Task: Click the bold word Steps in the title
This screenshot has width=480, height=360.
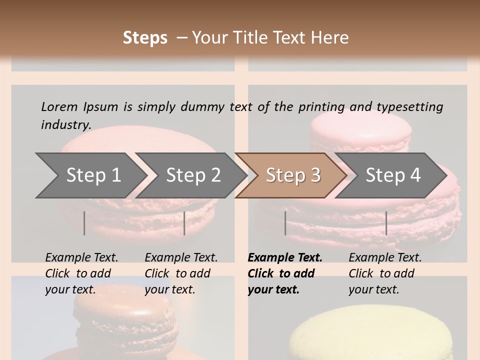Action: tap(145, 38)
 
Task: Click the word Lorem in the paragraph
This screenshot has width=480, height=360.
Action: tap(59, 106)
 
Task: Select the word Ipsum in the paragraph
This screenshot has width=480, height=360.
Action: tap(101, 106)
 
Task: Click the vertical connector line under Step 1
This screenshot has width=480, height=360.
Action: tap(84, 223)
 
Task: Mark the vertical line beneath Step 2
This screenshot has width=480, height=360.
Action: tap(184, 223)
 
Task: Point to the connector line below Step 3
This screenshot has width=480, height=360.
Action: tap(285, 223)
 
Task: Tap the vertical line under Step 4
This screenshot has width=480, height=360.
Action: tap(386, 223)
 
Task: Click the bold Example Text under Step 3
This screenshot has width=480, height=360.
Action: tap(285, 258)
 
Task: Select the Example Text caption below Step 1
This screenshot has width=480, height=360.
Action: tap(81, 258)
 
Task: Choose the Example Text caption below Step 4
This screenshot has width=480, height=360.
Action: tap(385, 258)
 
